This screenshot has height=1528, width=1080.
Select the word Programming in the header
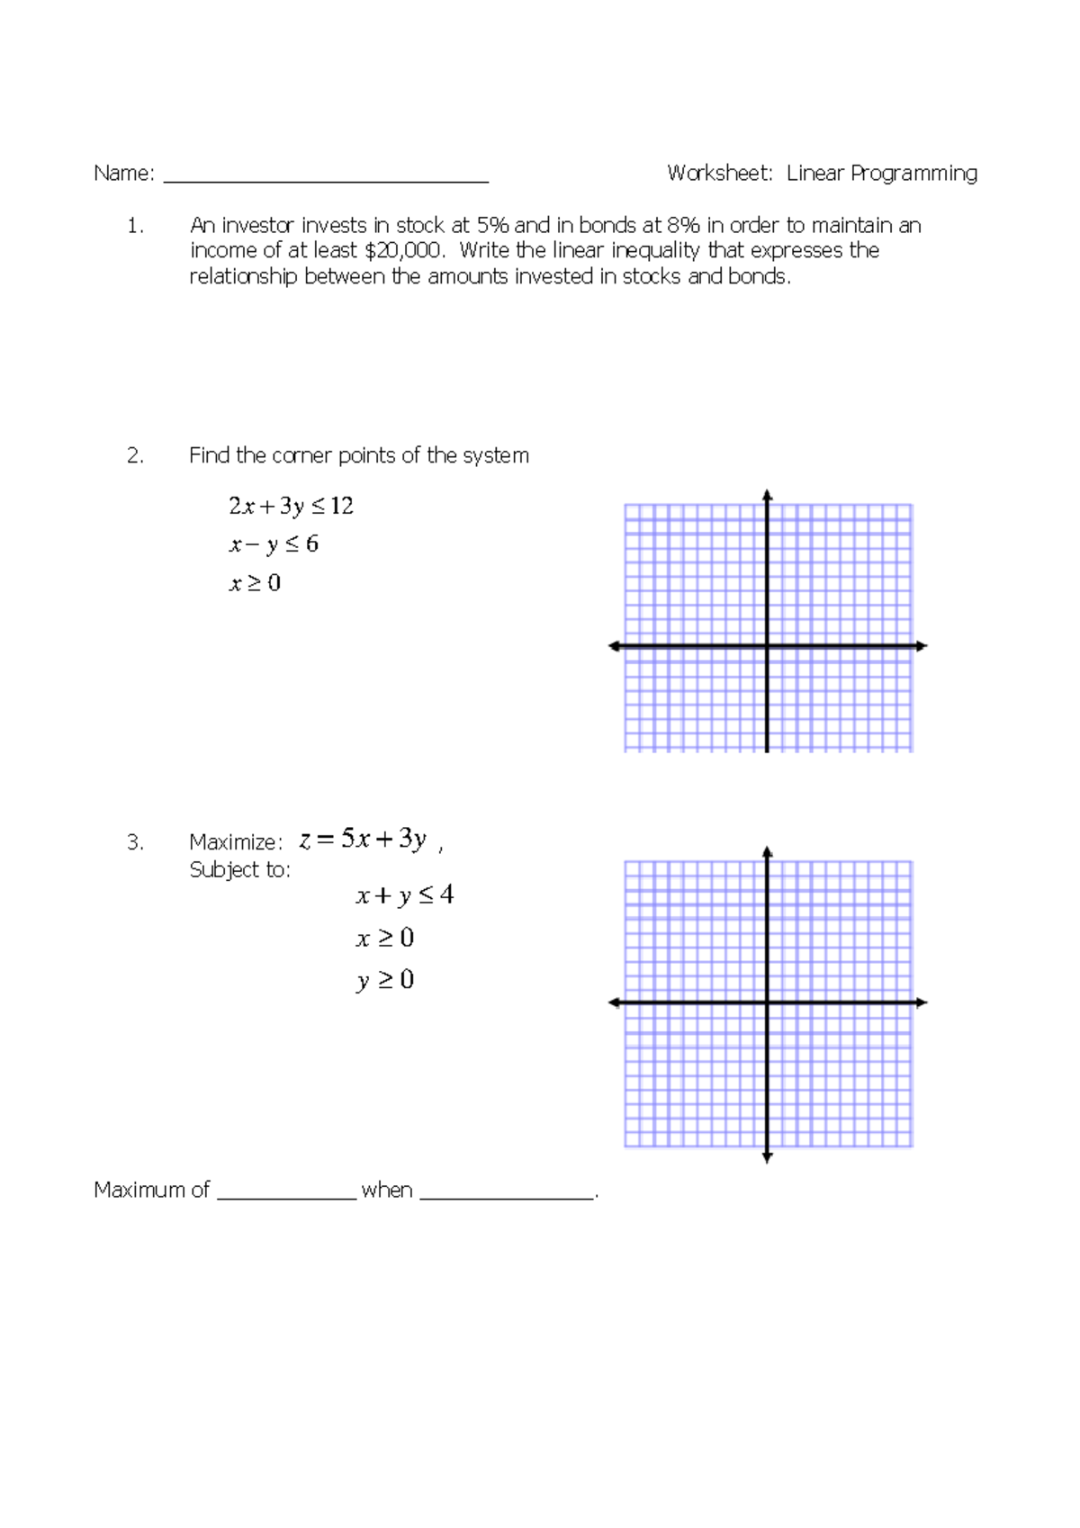[913, 174]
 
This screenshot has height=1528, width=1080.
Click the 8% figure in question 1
[683, 225]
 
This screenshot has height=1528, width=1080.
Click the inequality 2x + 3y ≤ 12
[291, 507]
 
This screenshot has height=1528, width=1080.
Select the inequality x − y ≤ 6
[274, 544]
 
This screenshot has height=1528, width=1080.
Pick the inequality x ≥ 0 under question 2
[255, 583]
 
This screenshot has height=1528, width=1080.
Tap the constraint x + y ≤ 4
[404, 895]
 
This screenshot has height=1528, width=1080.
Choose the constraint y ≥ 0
[384, 980]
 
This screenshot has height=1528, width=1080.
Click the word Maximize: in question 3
[236, 842]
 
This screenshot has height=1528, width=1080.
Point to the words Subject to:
[239, 870]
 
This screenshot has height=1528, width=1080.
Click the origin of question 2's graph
[767, 646]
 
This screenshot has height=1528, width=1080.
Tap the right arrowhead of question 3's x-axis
[922, 1002]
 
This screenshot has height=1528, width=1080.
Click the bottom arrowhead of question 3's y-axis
[767, 1157]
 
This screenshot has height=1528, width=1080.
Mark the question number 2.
[135, 456]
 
